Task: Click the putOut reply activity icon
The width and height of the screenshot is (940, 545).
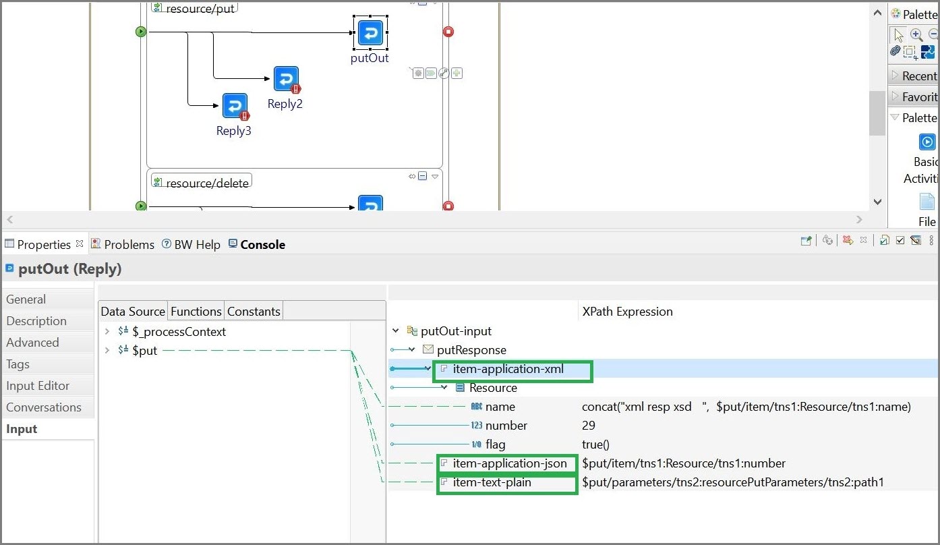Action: [x=370, y=33]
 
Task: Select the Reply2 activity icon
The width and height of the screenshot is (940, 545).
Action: [x=286, y=79]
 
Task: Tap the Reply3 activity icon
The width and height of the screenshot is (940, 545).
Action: [x=235, y=106]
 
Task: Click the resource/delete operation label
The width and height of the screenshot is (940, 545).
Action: [x=207, y=183]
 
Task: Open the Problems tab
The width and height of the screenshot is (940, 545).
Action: [x=129, y=245]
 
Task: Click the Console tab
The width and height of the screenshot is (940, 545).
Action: [x=262, y=245]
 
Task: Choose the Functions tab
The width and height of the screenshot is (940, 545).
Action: [x=196, y=312]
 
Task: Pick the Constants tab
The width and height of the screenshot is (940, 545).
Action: [x=254, y=312]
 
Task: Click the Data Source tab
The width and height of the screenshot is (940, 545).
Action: [x=133, y=312]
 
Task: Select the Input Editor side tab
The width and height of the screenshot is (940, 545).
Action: [x=38, y=386]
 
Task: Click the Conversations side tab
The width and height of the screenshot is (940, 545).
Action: [x=44, y=407]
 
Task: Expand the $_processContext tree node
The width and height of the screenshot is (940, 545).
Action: [x=107, y=332]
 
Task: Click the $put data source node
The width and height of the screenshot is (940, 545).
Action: [x=145, y=351]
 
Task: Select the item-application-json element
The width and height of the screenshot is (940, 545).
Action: [x=509, y=463]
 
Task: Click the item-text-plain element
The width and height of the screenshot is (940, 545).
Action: [x=492, y=482]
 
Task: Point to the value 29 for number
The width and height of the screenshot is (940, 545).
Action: [x=589, y=426]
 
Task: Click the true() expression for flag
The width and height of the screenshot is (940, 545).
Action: [x=595, y=444]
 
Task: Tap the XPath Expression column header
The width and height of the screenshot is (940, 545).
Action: [x=627, y=312]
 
